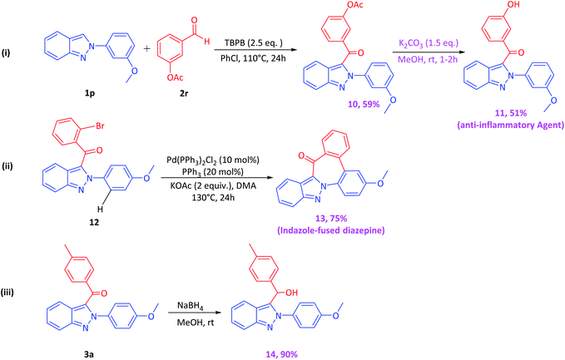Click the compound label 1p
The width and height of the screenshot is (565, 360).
pyautogui.click(x=90, y=94)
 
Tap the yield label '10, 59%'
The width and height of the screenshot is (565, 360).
pyautogui.click(x=364, y=104)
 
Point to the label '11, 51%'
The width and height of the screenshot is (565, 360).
pyautogui.click(x=511, y=113)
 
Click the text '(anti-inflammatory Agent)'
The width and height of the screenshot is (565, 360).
pyautogui.click(x=511, y=125)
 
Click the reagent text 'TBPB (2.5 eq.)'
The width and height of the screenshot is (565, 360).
pyautogui.click(x=254, y=43)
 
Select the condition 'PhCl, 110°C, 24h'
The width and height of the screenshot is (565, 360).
pyautogui.click(x=253, y=58)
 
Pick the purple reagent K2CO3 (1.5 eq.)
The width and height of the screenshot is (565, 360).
pyautogui.click(x=429, y=43)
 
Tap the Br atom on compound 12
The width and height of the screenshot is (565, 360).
pyautogui.click(x=100, y=126)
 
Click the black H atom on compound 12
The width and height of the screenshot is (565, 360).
pyautogui.click(x=100, y=210)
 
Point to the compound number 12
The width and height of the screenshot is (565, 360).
pyautogui.click(x=94, y=223)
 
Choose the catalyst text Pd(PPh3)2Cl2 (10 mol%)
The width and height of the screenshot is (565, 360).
pyautogui.click(x=213, y=160)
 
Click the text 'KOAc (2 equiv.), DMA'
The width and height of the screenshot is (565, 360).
pyautogui.click(x=213, y=185)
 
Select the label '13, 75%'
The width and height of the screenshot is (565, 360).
pyautogui.click(x=330, y=219)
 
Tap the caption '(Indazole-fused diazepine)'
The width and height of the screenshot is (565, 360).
pyautogui.click(x=331, y=230)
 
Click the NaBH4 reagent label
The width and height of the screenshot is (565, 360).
pyautogui.click(x=191, y=306)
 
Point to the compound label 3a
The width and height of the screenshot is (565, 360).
pyautogui.click(x=89, y=354)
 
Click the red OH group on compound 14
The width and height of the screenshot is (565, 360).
pyautogui.click(x=291, y=293)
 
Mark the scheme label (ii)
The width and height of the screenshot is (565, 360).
pyautogui.click(x=7, y=166)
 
